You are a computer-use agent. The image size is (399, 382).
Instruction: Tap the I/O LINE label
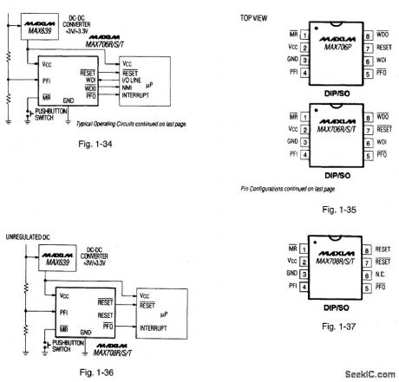point(135,81)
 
